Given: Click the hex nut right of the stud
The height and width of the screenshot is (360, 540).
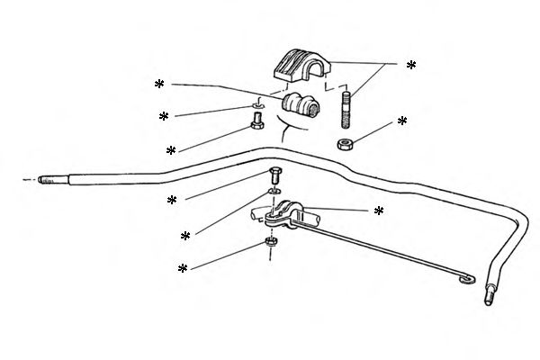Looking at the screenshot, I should [x=345, y=144].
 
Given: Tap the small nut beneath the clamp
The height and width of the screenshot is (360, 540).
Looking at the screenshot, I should [x=270, y=241].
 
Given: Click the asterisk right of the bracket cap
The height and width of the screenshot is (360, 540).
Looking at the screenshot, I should [x=411, y=66].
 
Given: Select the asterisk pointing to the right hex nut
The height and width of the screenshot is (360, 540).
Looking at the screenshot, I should [x=402, y=121].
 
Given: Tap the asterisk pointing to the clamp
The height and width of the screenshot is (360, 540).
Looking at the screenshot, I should [x=379, y=211].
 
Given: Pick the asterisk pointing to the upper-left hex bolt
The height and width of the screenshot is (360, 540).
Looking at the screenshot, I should [x=172, y=150].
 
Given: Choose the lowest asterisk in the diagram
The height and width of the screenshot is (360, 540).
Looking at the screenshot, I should [x=183, y=269].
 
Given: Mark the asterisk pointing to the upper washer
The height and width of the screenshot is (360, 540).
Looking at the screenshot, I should [x=164, y=117].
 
